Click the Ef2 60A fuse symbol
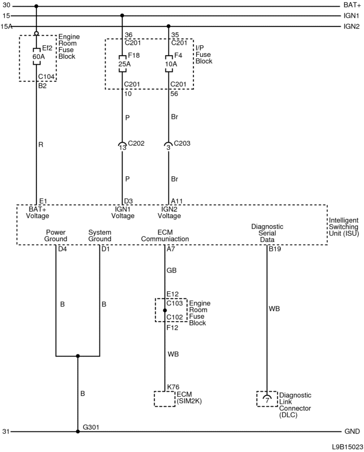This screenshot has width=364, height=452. coord(36,56)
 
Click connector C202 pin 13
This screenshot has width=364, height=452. coord(122,147)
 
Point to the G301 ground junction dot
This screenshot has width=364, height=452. coord(78,431)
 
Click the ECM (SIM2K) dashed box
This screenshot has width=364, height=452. coord(165,399)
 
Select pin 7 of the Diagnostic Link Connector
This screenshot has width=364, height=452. coord(267,399)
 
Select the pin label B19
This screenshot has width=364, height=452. coord(274,250)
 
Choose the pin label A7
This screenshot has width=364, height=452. coord(171,250)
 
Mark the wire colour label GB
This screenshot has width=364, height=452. coord(171,270)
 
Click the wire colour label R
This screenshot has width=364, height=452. coord(41,145)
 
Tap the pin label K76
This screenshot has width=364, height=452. coord(173,387)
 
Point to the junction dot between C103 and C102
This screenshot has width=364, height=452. coord(165,310)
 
